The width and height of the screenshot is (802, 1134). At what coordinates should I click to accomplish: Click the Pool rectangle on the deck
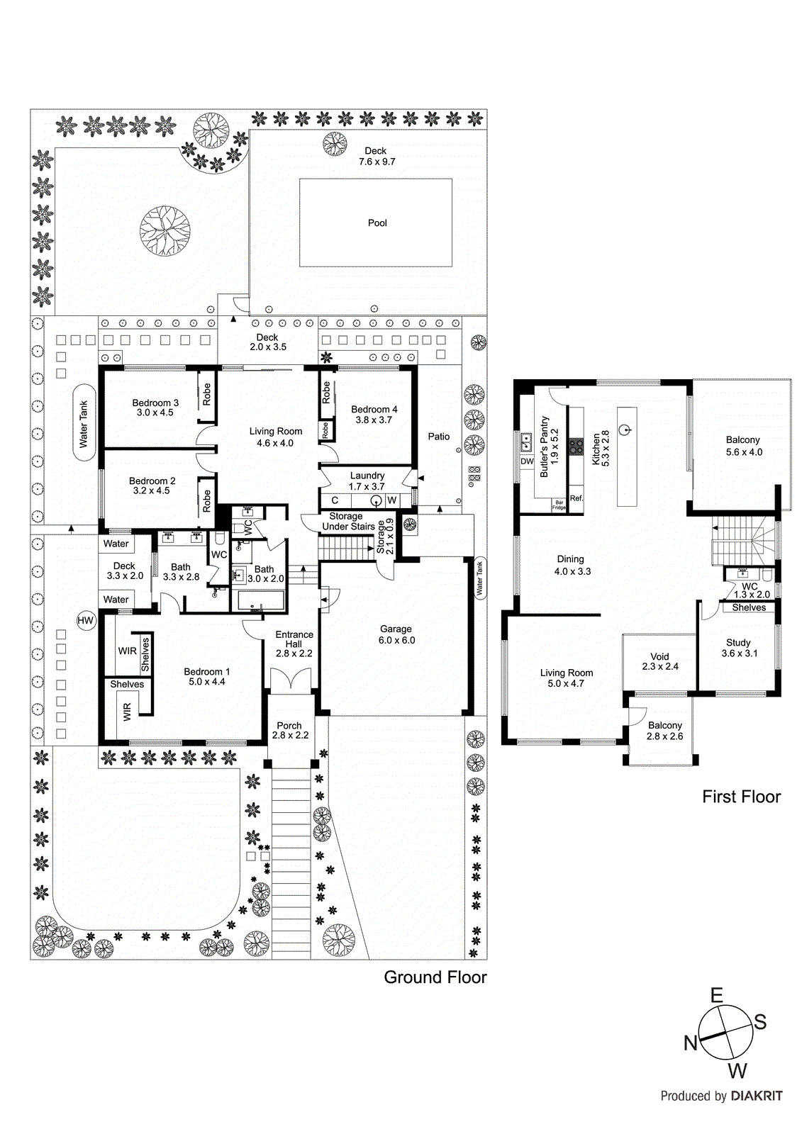click(376, 223)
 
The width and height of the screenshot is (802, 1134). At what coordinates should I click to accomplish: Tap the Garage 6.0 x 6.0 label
click(396, 634)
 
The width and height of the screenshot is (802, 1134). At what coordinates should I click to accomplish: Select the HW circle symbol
click(85, 621)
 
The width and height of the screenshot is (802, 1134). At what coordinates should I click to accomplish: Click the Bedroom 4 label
click(374, 414)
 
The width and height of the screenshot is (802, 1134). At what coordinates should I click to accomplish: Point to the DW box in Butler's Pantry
click(527, 461)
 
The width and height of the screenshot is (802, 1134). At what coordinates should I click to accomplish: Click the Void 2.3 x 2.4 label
click(659, 661)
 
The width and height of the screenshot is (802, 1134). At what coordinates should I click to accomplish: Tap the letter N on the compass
click(690, 1043)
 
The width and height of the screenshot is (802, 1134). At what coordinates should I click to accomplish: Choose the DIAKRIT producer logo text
click(757, 1096)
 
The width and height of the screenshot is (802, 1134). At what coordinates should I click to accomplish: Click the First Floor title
click(741, 797)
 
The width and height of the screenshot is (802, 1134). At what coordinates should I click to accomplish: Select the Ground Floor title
click(435, 977)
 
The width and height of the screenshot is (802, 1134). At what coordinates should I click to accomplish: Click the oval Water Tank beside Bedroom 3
click(84, 423)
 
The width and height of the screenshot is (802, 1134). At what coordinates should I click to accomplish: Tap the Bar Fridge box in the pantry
click(559, 505)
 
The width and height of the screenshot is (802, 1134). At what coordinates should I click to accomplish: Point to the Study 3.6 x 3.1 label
click(739, 648)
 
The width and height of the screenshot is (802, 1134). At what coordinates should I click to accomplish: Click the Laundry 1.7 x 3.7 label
click(367, 481)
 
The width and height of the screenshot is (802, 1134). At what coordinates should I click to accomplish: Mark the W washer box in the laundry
click(391, 500)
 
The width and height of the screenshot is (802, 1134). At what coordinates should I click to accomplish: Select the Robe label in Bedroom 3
click(206, 393)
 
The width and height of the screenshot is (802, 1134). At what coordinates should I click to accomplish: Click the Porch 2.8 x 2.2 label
click(289, 730)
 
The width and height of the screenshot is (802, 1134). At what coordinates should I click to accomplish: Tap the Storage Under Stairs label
click(347, 522)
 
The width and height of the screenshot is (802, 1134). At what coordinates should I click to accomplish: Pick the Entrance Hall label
click(294, 644)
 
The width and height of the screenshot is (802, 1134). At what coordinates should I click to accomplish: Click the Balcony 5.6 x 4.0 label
click(743, 446)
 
